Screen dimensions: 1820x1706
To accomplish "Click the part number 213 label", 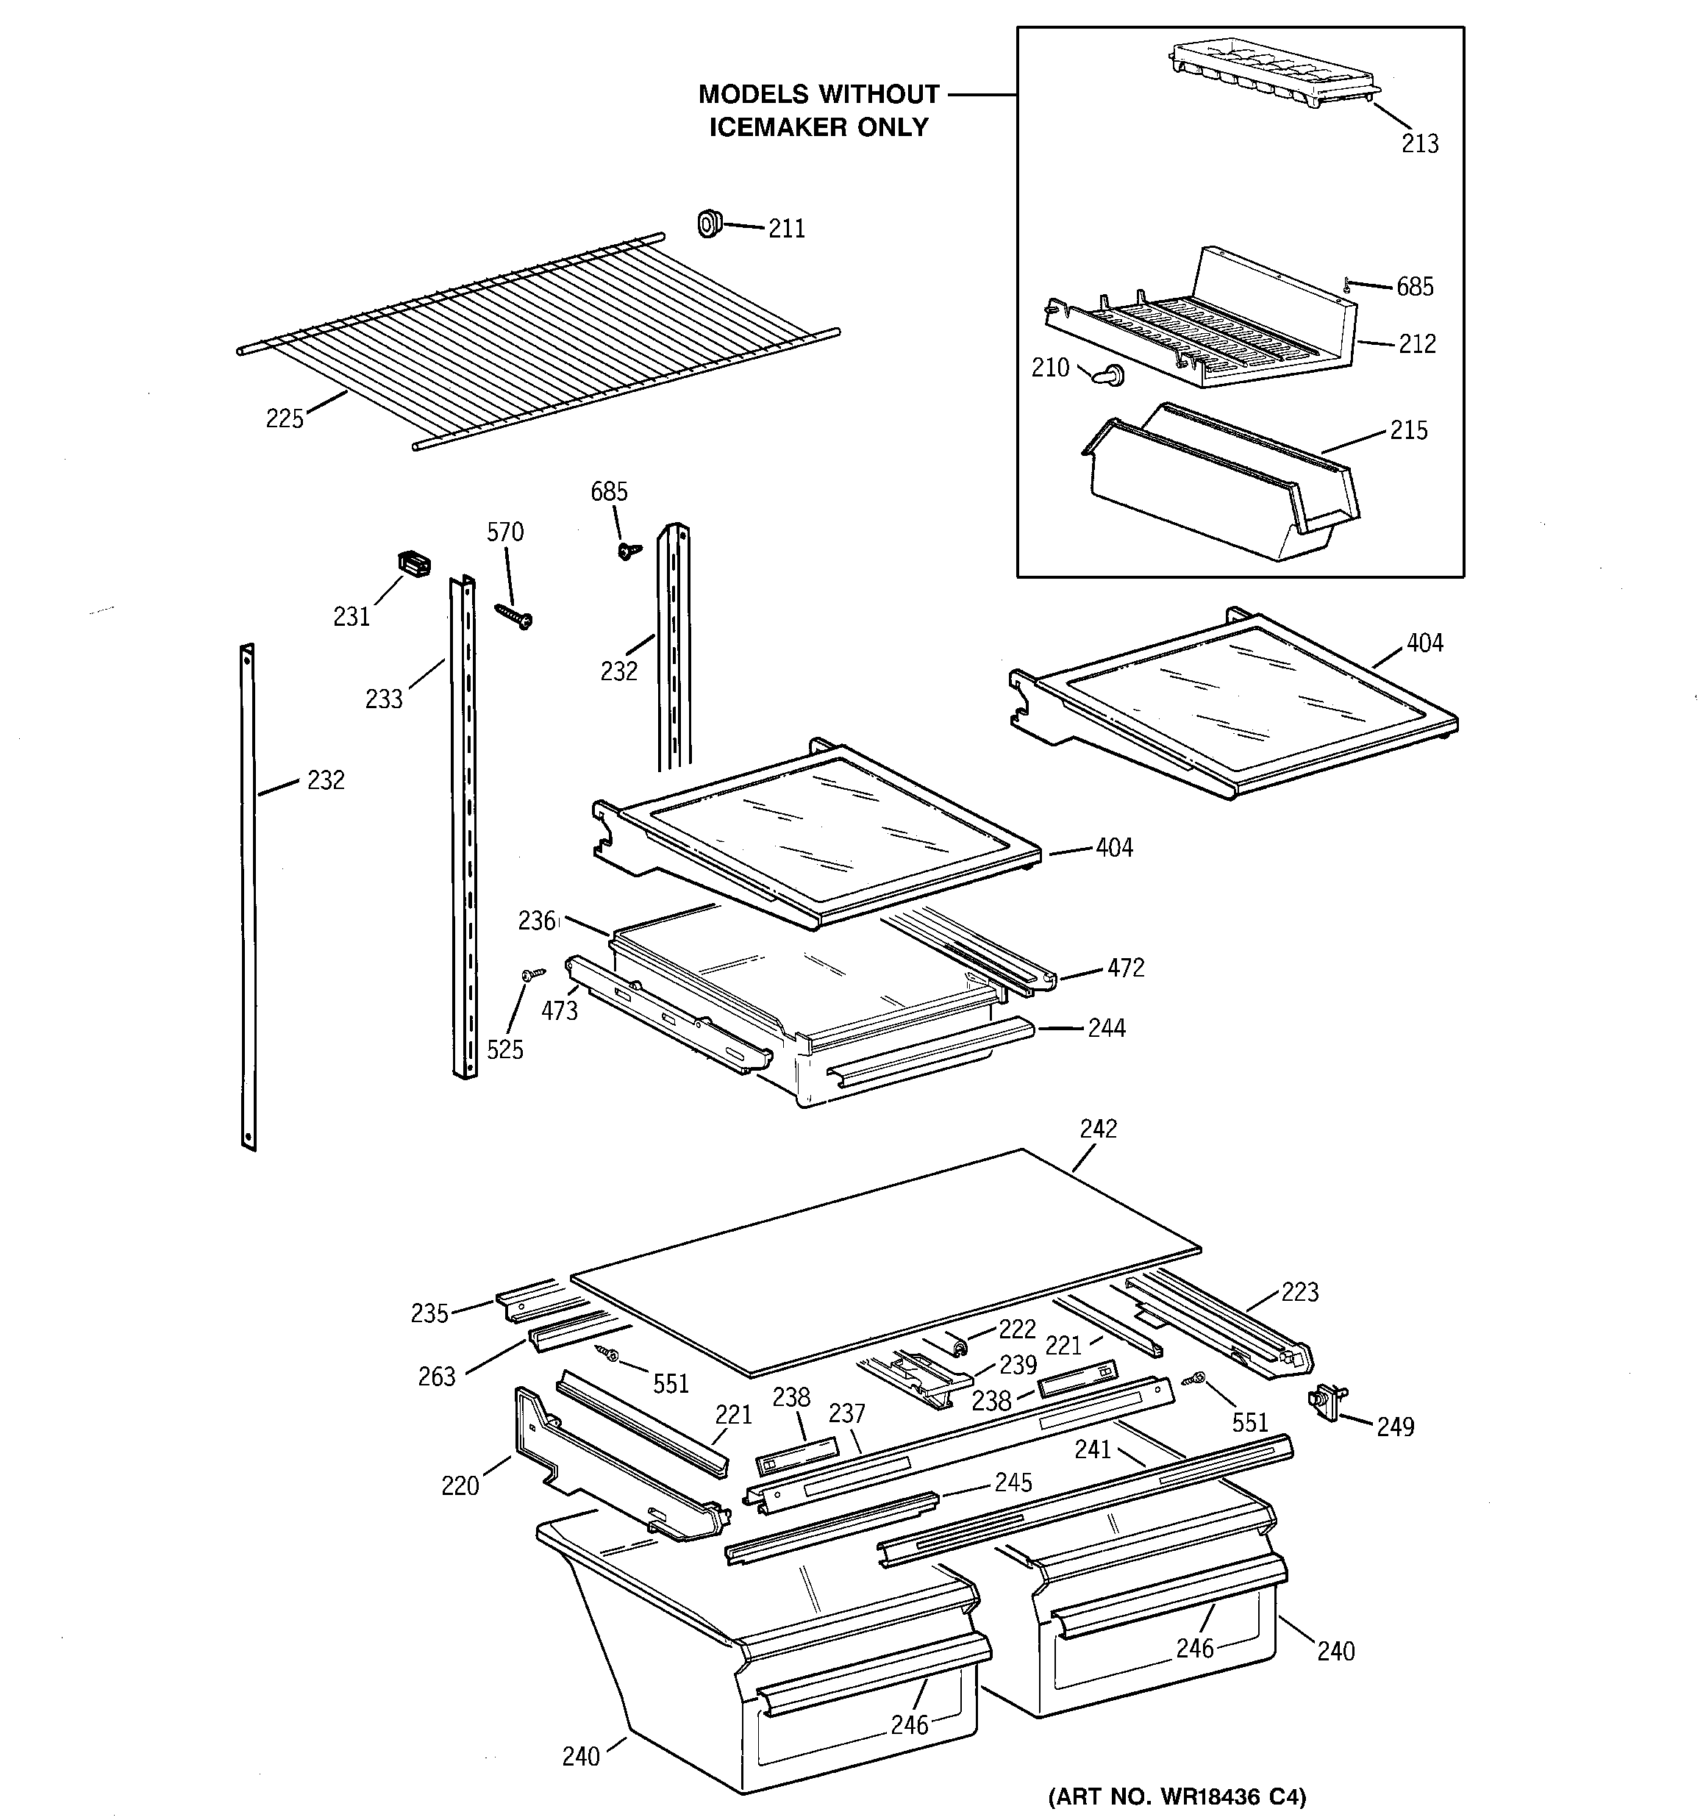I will [x=1419, y=143].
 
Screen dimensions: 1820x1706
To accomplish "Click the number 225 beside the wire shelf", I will [x=284, y=418].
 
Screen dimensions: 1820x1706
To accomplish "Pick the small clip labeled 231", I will [x=414, y=564].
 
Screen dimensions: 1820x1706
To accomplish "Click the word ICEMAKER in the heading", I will [x=779, y=127].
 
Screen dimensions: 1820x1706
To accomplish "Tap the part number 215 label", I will [x=1408, y=430].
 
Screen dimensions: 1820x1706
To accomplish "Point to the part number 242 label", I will [x=1098, y=1129].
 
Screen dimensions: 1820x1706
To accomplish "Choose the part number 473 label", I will [x=559, y=1010].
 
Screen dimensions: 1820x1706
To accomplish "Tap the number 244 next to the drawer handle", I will [x=1106, y=1028].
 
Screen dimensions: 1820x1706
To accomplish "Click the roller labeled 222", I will [x=957, y=1344].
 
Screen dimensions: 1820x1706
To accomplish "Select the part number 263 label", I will [x=436, y=1377].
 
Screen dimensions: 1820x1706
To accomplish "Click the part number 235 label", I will [x=429, y=1314].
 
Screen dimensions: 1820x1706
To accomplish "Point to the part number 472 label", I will [x=1125, y=968].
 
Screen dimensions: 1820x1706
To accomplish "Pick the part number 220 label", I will [x=460, y=1486].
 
